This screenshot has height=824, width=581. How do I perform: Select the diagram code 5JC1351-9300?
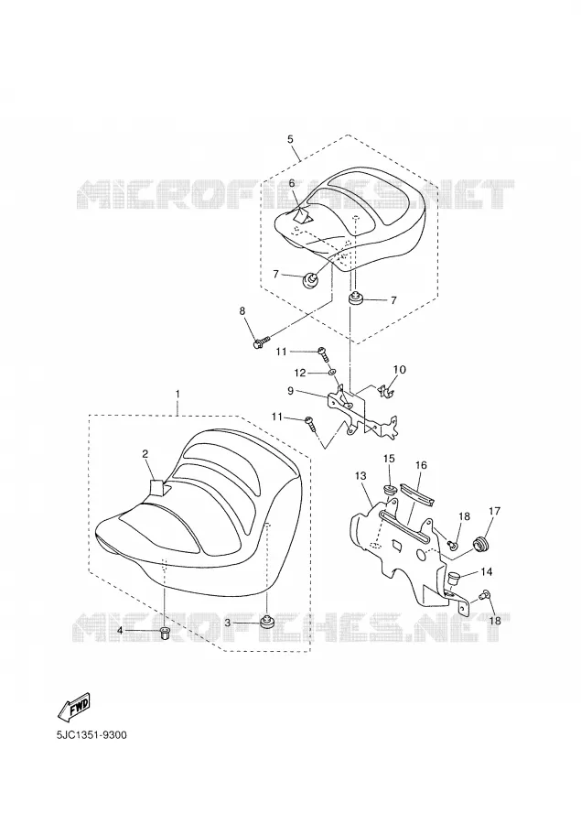tap(91, 734)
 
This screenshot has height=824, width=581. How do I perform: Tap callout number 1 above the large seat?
tap(178, 393)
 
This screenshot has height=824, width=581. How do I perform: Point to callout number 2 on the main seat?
tap(145, 453)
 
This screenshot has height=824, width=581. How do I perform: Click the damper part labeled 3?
tap(267, 622)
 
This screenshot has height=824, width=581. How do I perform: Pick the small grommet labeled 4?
tap(165, 634)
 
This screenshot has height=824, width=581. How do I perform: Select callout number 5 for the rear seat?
tap(290, 139)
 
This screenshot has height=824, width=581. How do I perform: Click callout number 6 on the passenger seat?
tap(292, 183)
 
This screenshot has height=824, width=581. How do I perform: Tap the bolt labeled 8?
tap(261, 342)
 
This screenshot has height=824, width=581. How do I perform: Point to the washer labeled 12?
tap(333, 374)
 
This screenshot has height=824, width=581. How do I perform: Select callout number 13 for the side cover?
tap(360, 475)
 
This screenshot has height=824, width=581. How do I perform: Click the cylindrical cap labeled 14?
tap(453, 580)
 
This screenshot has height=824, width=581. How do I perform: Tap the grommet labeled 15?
tap(391, 491)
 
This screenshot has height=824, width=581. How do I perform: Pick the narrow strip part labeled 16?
tap(416, 492)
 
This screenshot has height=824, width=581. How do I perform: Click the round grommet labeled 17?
tap(480, 543)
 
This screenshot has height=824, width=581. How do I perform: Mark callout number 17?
tap(494, 510)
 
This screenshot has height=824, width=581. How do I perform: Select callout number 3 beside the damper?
tap(227, 623)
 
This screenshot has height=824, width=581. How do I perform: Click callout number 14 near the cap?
tap(486, 571)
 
